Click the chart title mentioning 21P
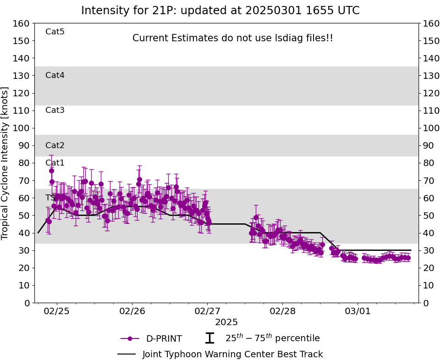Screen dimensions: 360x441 click(220, 11)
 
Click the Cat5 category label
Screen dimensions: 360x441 click(55, 32)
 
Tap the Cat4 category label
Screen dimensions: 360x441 click(55, 75)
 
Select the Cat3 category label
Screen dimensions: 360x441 click(55, 110)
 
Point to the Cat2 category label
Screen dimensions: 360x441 click(55, 145)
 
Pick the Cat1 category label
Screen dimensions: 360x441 click(55, 163)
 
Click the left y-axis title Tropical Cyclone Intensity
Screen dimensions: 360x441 click(6, 163)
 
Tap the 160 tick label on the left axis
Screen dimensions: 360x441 click(22, 23)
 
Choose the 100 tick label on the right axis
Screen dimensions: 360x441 click(430, 128)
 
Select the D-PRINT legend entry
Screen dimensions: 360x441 click(164, 339)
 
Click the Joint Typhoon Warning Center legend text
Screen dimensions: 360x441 click(232, 354)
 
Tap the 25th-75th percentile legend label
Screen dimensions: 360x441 click(272, 338)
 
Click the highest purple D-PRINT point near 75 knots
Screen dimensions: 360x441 click(51, 171)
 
